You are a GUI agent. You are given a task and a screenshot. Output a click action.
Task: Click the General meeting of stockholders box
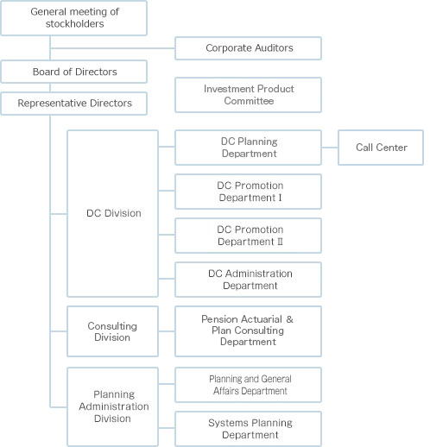pyautogui.click(x=74, y=18)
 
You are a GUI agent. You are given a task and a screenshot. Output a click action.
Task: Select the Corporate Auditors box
pyautogui.click(x=248, y=48)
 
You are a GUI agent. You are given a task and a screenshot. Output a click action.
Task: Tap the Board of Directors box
pyautogui.click(x=74, y=72)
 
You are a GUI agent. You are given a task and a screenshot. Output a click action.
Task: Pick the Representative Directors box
pyautogui.click(x=74, y=104)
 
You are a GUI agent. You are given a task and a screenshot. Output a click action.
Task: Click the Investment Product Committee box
pyautogui.click(x=248, y=95)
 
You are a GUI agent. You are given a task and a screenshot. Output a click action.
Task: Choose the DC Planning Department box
pyautogui.click(x=248, y=148)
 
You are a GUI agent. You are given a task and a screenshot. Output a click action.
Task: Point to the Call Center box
pyautogui.click(x=381, y=148)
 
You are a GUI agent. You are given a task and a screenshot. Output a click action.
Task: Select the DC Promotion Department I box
pyautogui.click(x=248, y=192)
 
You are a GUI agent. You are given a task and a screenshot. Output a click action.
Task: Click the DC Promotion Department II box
pyautogui.click(x=248, y=236)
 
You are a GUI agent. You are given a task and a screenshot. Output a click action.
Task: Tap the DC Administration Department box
pyautogui.click(x=248, y=280)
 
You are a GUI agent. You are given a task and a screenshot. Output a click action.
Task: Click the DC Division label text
pyautogui.click(x=114, y=213)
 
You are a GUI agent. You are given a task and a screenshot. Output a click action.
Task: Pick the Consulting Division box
pyautogui.click(x=112, y=331)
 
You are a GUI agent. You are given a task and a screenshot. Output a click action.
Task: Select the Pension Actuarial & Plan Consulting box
pyautogui.click(x=248, y=331)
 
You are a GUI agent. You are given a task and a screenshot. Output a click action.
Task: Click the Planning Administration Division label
pyautogui.click(x=114, y=406)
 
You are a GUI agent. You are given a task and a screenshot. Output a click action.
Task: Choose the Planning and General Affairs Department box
pyautogui.click(x=248, y=385)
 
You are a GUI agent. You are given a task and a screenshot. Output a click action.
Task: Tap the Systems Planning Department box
pyautogui.click(x=248, y=429)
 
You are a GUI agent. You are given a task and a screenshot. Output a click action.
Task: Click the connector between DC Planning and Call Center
pyautogui.click(x=330, y=148)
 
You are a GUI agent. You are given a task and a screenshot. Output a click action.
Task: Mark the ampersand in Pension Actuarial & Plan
pyautogui.click(x=289, y=319)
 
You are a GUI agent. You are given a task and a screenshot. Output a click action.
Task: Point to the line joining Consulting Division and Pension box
pyautogui.click(x=167, y=331)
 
